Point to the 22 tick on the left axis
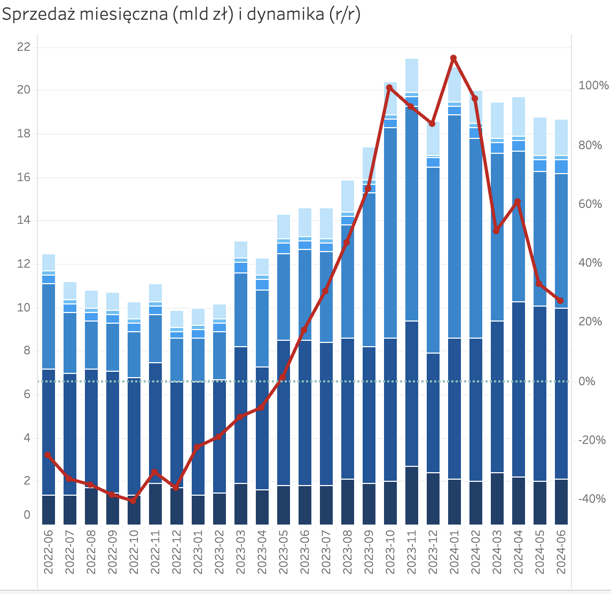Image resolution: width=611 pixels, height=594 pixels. [x=23, y=47]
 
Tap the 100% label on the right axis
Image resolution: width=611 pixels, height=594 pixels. [x=593, y=86]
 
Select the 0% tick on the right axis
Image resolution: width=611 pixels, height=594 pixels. [x=587, y=381]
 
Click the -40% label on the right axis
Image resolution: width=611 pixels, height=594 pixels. [x=591, y=499]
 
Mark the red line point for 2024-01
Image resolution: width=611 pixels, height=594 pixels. [x=453, y=58]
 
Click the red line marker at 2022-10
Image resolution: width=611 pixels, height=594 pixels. [x=133, y=501]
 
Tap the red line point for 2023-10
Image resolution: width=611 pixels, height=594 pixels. [x=389, y=88]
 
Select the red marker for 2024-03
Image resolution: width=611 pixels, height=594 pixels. [x=496, y=231]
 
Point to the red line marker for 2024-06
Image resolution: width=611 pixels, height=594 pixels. [x=560, y=301]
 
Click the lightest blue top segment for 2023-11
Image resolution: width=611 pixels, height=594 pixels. [x=412, y=75]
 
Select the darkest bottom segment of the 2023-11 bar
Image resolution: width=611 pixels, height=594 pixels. [x=412, y=495]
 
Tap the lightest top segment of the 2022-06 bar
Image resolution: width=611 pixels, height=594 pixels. [x=49, y=262]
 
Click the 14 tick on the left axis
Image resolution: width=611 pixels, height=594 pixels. [x=23, y=221]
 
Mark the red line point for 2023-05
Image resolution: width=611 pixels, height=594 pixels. [x=283, y=377]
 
